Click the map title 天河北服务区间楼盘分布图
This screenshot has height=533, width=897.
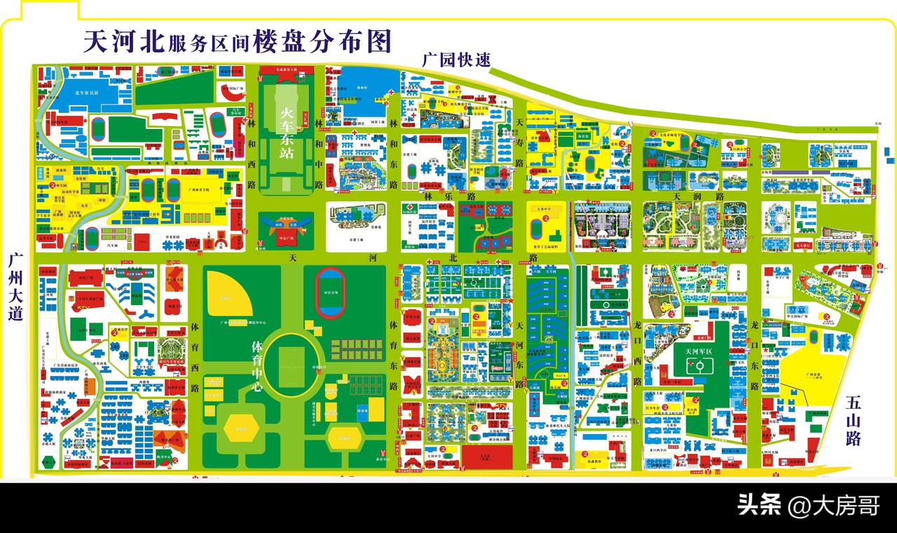237,41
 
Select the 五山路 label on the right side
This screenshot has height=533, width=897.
853,421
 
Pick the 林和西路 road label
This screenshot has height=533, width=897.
251,155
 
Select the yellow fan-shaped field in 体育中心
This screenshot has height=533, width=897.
231,293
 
